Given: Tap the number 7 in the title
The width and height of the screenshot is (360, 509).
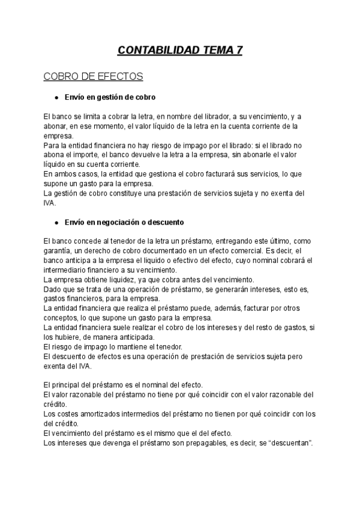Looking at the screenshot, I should tap(239, 50).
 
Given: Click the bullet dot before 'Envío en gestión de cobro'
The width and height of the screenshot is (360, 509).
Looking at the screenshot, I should tap(56, 97).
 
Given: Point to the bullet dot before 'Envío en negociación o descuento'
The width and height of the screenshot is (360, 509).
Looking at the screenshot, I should tap(56, 222).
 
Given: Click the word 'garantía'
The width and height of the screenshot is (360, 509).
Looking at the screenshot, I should tap(58, 250).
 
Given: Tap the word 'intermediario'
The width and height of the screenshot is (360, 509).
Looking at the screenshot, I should tap(65, 270).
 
